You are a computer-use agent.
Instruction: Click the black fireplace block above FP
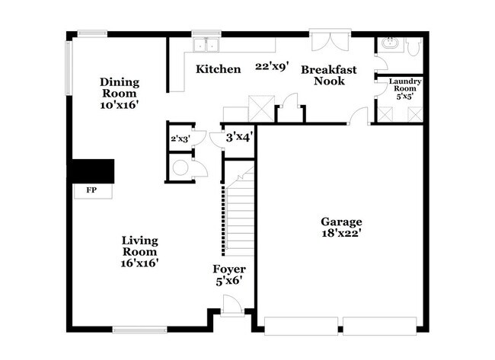[91, 170]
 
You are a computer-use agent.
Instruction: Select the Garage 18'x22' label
[340, 228]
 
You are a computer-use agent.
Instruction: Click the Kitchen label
[219, 69]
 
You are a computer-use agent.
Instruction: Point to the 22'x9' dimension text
[273, 67]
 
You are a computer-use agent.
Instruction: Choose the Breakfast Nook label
[329, 75]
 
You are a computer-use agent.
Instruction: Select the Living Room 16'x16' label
[140, 251]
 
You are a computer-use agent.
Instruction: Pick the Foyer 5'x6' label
[228, 275]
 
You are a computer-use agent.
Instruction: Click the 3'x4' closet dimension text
[239, 138]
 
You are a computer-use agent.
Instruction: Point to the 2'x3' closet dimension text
[180, 139]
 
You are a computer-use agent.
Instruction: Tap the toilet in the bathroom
[414, 47]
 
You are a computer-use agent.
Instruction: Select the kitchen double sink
[205, 44]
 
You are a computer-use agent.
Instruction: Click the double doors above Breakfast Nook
[330, 38]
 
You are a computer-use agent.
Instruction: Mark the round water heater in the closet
[181, 168]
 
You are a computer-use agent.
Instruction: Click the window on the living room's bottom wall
[139, 329]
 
